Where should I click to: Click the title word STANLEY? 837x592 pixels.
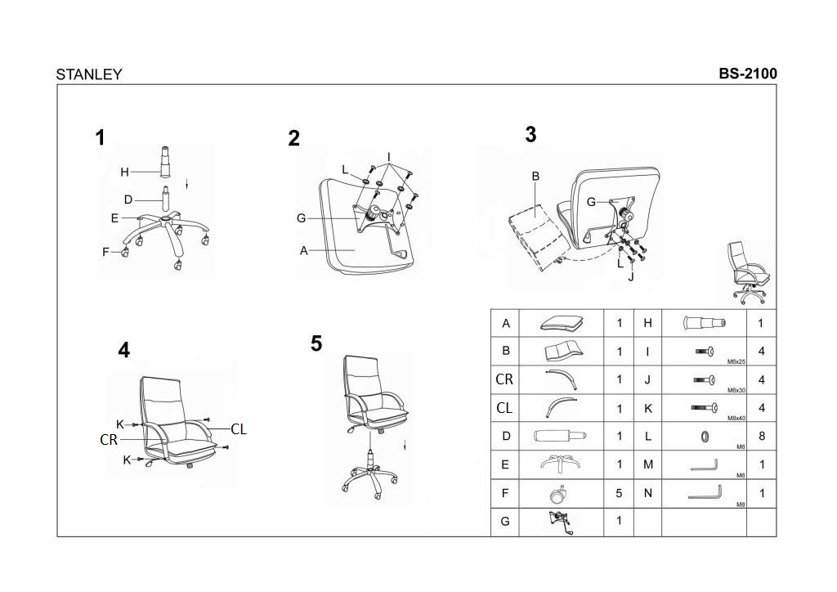89,74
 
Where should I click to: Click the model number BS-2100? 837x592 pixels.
748,73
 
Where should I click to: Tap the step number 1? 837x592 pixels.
101,138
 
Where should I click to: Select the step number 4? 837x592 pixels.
123,351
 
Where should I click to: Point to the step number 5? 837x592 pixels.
316,344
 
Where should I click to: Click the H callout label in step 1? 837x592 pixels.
125,172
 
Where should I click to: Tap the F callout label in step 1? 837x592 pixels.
105,253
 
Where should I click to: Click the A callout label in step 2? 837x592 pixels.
304,251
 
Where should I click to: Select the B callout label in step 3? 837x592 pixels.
535,176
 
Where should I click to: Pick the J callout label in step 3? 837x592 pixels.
631,276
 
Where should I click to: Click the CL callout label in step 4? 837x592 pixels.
239,428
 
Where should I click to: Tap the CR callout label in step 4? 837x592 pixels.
109,440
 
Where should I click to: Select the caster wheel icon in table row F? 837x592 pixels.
561,493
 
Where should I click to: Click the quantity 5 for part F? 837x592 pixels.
619,493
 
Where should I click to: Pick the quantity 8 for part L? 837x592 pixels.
761,436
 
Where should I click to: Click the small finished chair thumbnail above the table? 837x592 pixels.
749,273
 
